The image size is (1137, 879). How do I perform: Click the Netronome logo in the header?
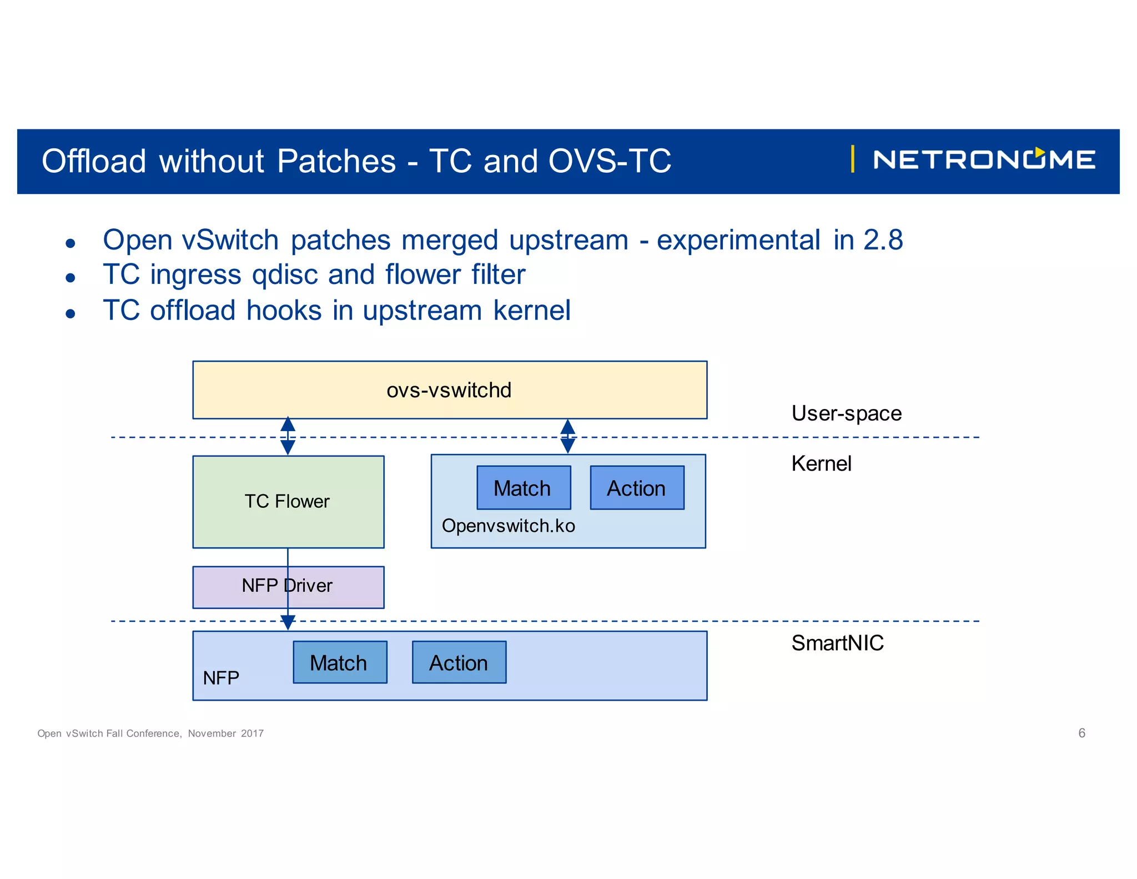(983, 160)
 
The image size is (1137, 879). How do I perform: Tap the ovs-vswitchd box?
(449, 390)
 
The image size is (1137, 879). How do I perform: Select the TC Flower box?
(288, 502)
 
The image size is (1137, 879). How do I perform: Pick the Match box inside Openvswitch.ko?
(523, 488)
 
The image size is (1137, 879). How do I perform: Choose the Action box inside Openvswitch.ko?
(636, 488)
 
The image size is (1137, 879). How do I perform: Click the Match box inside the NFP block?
(339, 662)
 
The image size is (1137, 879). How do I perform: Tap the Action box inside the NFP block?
(459, 662)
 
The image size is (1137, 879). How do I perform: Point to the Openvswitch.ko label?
(508, 526)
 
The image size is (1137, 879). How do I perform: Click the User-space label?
(846, 413)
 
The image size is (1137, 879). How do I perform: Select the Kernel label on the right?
(821, 463)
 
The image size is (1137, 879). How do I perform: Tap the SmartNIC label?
(837, 643)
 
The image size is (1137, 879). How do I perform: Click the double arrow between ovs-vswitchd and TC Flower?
(288, 436)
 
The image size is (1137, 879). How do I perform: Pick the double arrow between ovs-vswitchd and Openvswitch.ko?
(567, 436)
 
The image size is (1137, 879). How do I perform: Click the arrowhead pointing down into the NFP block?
(288, 623)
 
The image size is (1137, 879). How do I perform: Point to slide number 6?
(1081, 733)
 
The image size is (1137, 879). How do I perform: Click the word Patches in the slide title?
(336, 161)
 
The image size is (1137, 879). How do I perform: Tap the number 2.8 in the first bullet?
(883, 240)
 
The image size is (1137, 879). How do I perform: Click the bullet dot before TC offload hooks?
(70, 313)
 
